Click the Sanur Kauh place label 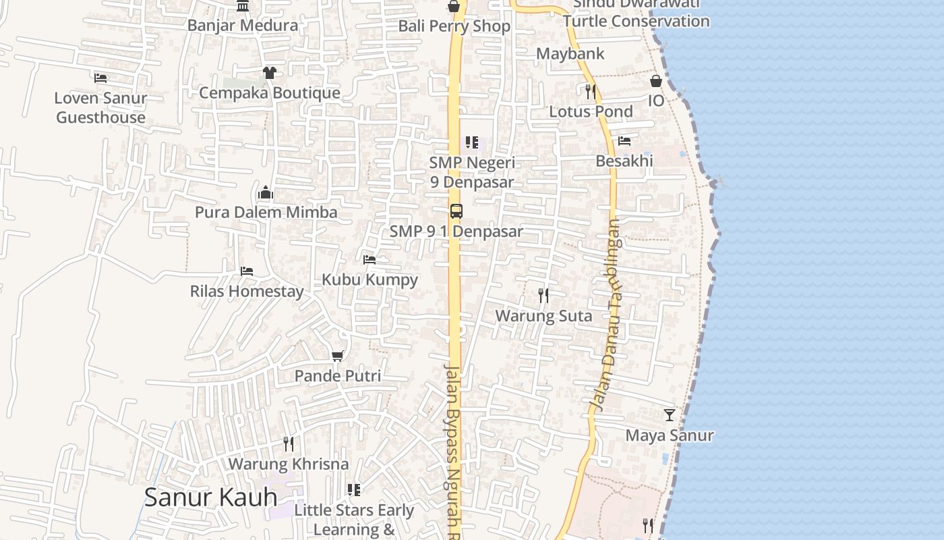pos(210,497)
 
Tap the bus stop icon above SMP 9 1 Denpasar pos(456,211)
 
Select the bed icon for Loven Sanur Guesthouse pos(100,78)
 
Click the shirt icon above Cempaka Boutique pos(270,72)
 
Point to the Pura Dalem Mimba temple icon pos(266,193)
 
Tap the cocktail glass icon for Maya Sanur pos(669,414)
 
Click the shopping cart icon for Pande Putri pos(338,356)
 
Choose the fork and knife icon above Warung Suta pos(543,295)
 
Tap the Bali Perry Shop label pos(454,26)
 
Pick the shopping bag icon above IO pos(656,81)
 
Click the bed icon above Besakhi pos(624,141)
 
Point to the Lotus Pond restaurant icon pos(591,91)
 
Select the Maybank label pos(570,53)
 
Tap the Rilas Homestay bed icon pos(247,271)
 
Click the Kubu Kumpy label pos(370,279)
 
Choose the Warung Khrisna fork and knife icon pos(289,443)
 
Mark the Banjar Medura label pos(243,26)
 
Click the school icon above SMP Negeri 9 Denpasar pos(472,142)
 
